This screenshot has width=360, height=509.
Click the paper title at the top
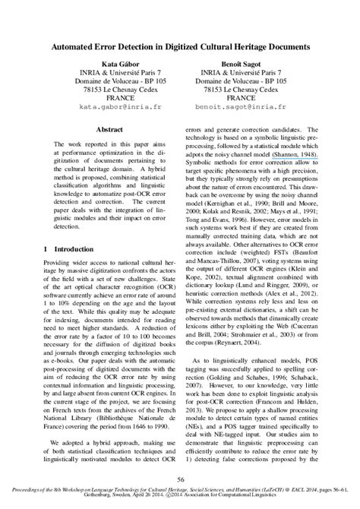180,46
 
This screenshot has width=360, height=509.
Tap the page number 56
180,479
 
